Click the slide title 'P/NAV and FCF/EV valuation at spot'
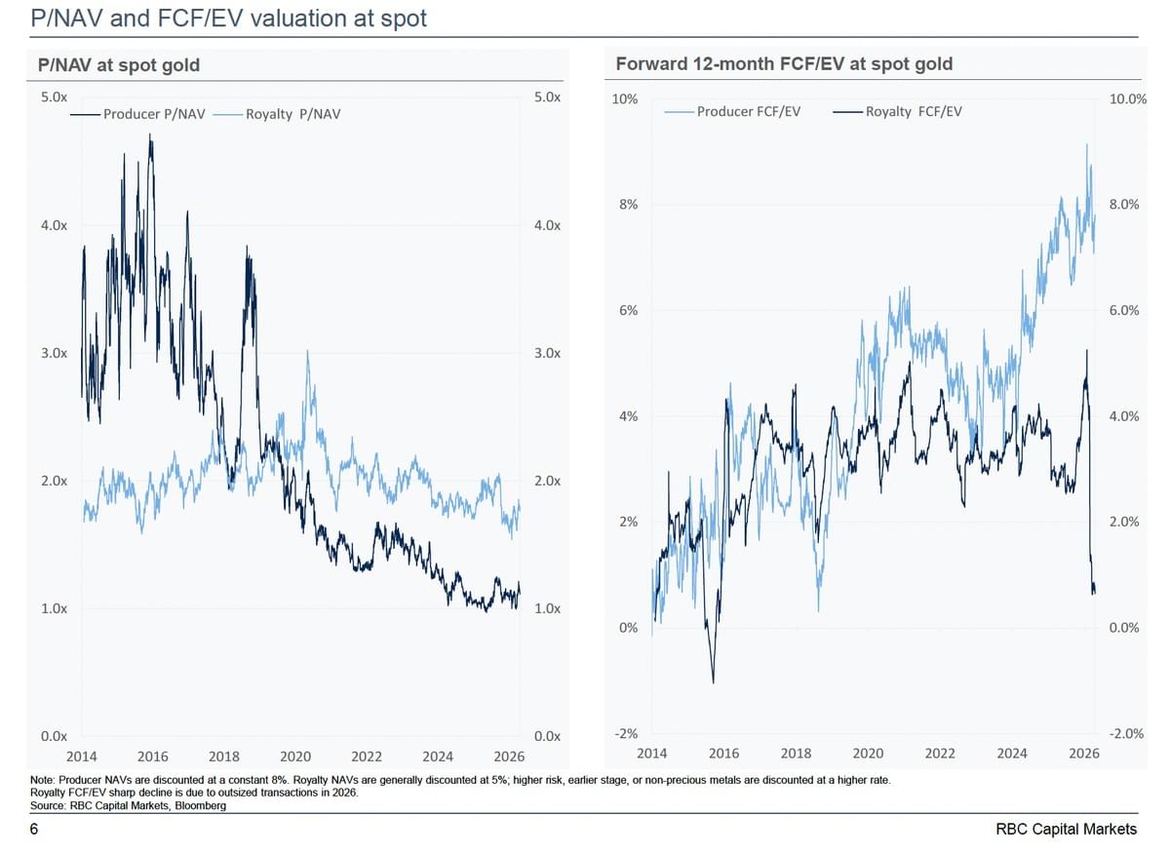pyautogui.click(x=228, y=18)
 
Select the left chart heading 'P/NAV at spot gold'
pyautogui.click(x=118, y=65)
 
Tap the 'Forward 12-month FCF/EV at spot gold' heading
pyautogui.click(x=784, y=64)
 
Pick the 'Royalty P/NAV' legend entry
pyautogui.click(x=293, y=114)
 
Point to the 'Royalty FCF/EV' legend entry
pyautogui.click(x=913, y=111)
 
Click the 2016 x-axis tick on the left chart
pyautogui.click(x=153, y=756)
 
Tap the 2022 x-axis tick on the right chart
pyautogui.click(x=940, y=753)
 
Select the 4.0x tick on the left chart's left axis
pyautogui.click(x=54, y=225)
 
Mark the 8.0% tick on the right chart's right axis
pyautogui.click(x=1124, y=205)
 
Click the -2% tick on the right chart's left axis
pyautogui.click(x=625, y=733)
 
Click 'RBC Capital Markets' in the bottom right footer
pyautogui.click(x=1066, y=829)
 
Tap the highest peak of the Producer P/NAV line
pyautogui.click(x=150, y=135)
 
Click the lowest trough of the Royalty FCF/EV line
pyautogui.click(x=714, y=682)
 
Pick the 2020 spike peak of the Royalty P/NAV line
pyautogui.click(x=308, y=351)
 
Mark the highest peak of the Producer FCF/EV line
pyautogui.click(x=1086, y=145)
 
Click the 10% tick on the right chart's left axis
pyautogui.click(x=625, y=99)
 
